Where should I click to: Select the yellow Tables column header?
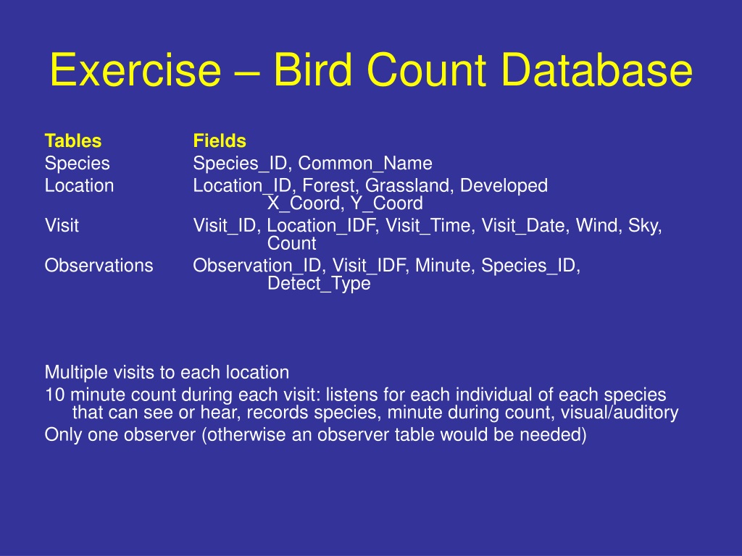point(73,141)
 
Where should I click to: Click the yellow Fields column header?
point(220,141)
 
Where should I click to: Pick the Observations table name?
point(99,266)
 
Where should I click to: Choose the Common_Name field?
point(365,164)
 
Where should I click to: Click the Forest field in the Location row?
point(330,185)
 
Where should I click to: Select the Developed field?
point(504,186)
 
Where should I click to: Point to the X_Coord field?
point(306,203)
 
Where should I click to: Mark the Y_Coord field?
point(387,203)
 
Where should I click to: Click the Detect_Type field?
point(319,284)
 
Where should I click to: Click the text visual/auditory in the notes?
point(620,413)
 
